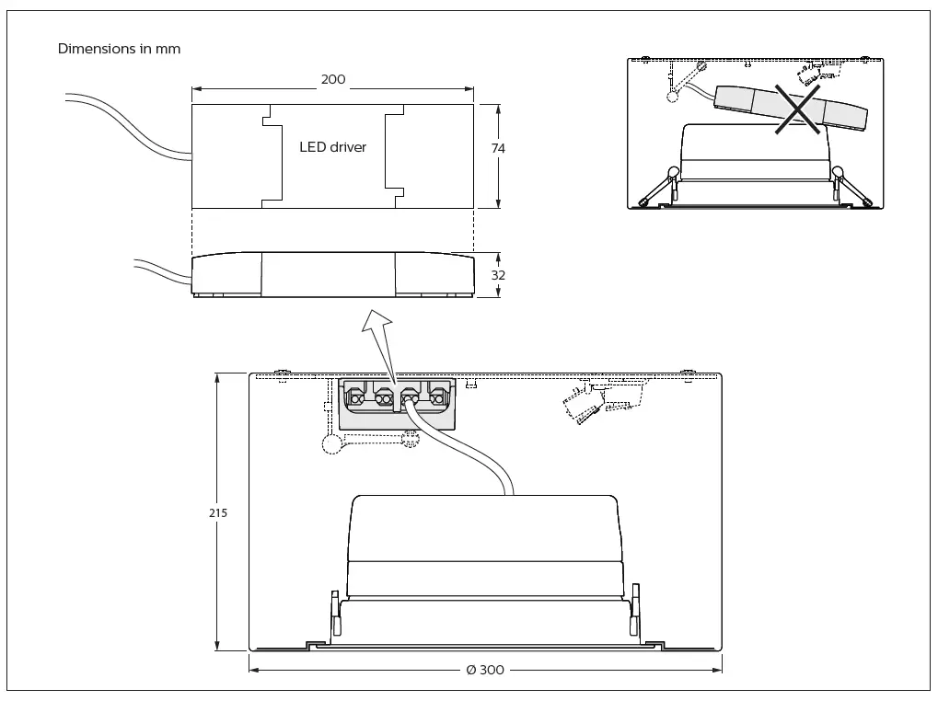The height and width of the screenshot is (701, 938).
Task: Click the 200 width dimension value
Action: point(332,80)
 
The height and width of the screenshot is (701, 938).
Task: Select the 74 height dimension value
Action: point(498,148)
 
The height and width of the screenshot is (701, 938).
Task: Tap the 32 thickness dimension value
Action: point(498,275)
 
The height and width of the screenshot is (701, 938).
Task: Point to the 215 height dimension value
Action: point(217,512)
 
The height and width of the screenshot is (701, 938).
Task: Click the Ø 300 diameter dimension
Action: point(485,670)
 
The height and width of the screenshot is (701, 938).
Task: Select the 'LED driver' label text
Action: point(332,147)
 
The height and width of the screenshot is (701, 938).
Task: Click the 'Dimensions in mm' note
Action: point(119,49)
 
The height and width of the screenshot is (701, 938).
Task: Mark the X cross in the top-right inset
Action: point(797,109)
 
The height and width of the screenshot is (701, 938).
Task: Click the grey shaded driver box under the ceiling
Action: point(398,404)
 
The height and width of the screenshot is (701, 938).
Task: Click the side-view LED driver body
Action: point(332,276)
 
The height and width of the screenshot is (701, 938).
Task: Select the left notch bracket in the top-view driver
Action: point(271,156)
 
